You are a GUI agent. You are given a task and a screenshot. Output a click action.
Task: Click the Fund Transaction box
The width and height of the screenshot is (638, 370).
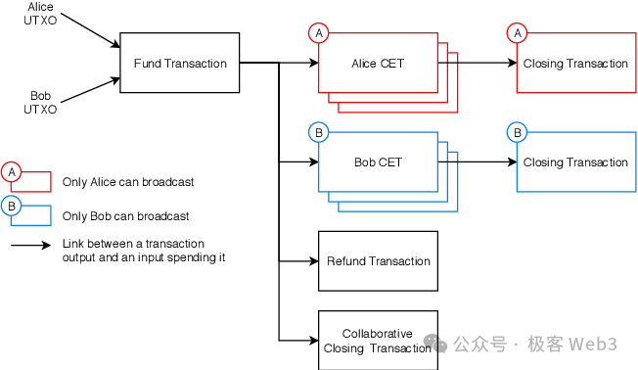pos(180,64)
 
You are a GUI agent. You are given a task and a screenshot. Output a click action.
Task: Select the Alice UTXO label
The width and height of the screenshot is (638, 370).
pos(40,13)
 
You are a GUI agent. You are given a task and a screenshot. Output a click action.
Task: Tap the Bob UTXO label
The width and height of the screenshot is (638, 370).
pos(40,103)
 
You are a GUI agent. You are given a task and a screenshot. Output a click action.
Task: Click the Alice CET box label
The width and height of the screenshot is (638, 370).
pos(378,64)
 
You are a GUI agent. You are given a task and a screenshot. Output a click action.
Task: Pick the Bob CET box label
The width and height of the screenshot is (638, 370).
pos(378,162)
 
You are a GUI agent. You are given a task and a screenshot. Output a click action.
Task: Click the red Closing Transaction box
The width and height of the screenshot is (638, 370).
pos(575,64)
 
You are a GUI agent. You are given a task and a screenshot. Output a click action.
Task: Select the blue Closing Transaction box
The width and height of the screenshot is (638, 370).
pos(575,162)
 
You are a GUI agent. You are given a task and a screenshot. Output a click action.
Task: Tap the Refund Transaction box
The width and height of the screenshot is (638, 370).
pos(378,261)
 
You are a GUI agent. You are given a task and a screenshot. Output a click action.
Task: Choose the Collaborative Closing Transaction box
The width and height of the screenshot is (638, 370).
pos(378,340)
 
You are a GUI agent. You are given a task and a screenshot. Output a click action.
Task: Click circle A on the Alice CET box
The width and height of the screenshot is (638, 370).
pos(318,33)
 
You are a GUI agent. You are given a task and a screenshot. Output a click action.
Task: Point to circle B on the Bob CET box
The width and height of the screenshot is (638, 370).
pos(318,132)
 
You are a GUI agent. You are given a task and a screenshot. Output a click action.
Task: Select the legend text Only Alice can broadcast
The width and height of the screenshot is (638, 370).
pos(127,182)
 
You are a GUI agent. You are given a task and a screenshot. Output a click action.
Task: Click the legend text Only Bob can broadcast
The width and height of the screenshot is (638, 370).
pos(125,216)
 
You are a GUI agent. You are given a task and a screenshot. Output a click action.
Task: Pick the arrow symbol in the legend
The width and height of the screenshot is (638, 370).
pos(30,245)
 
